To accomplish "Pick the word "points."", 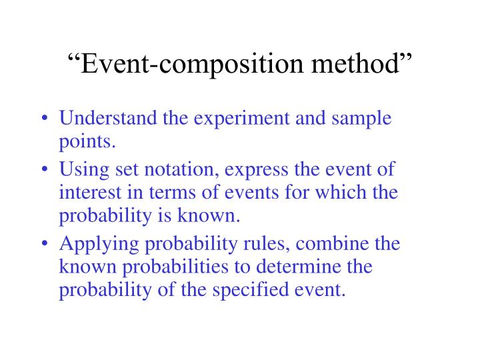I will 87,141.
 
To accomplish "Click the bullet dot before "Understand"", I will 43,120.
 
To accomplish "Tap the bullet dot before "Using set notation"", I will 43,171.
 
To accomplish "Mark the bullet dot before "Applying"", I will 43,245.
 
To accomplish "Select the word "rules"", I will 264,244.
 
